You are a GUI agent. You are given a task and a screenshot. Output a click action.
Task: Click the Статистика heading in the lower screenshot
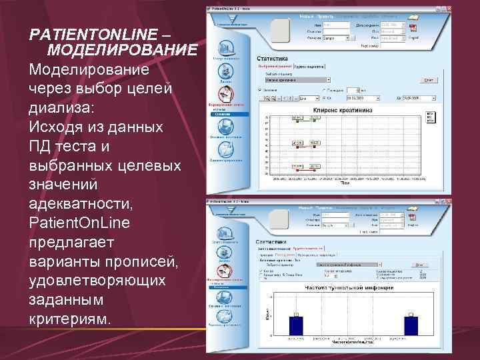point(272,243)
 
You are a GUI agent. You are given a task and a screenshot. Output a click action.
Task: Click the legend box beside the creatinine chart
point(430,119)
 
